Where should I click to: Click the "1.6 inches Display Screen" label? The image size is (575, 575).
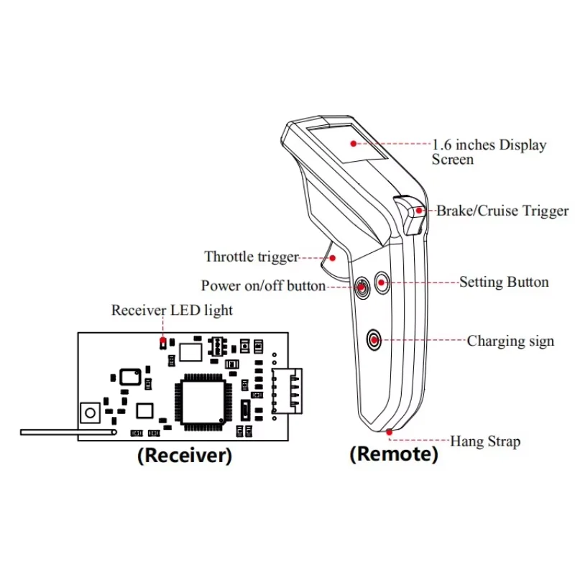(x=489, y=152)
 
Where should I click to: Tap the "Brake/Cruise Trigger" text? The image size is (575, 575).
(x=502, y=211)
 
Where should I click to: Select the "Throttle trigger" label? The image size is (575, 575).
(x=251, y=257)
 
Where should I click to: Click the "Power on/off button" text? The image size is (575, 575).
(x=263, y=285)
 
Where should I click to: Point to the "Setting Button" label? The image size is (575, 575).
(x=504, y=282)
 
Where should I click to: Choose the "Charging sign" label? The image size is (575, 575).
(x=510, y=341)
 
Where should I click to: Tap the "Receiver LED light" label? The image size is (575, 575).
(x=172, y=310)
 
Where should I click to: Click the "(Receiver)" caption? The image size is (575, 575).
(x=184, y=456)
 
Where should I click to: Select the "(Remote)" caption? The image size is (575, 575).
(x=393, y=454)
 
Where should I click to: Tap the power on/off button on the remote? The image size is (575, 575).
(x=362, y=287)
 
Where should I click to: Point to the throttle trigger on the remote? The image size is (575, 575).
(x=334, y=266)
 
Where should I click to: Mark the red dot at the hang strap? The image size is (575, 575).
(x=389, y=432)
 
